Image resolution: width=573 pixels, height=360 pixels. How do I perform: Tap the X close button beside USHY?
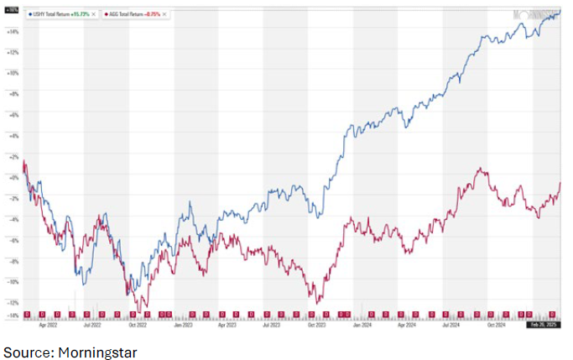pyautogui.click(x=94, y=15)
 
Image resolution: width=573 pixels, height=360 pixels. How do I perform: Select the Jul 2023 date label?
pyautogui.click(x=272, y=322)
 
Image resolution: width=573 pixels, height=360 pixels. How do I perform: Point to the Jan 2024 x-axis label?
pyautogui.click(x=362, y=322)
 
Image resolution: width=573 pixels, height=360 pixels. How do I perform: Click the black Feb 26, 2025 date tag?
pyautogui.click(x=542, y=322)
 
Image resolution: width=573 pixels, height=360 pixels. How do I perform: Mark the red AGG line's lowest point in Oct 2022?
pyautogui.click(x=139, y=307)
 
